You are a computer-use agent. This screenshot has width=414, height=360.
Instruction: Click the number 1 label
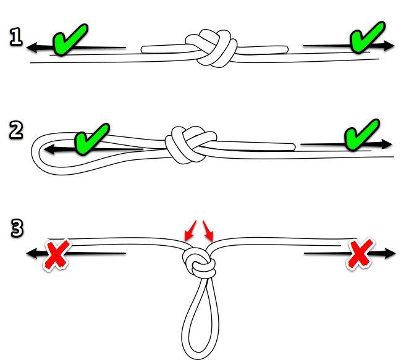tap(15, 36)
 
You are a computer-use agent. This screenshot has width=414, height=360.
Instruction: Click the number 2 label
tap(16, 130)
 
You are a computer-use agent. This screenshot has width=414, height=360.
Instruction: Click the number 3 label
tap(17, 228)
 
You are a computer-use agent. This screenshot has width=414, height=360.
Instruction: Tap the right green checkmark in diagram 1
tap(366, 38)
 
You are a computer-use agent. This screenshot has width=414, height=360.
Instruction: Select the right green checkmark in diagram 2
tap(361, 135)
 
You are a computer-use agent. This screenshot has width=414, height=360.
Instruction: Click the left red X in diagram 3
tap(57, 254)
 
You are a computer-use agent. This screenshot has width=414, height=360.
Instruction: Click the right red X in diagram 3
tap(360, 253)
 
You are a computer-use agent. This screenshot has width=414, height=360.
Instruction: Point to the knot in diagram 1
tap(211, 48)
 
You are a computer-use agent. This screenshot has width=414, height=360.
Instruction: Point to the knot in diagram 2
tap(191, 145)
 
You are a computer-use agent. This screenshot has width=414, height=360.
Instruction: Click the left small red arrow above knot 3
tap(190, 231)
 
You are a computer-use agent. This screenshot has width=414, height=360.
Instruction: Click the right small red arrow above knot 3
tap(208, 231)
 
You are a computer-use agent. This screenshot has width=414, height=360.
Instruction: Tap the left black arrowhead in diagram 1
tap(32, 48)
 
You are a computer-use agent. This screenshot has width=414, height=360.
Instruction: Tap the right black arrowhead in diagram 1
tap(389, 46)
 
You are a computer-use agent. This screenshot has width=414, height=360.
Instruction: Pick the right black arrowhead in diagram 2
tap(386, 144)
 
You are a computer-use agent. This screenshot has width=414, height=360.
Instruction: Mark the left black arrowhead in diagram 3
tap(32, 253)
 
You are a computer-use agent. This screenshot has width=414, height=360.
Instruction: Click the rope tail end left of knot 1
tap(142, 49)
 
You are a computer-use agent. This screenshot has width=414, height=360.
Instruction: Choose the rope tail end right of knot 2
tap(294, 147)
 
